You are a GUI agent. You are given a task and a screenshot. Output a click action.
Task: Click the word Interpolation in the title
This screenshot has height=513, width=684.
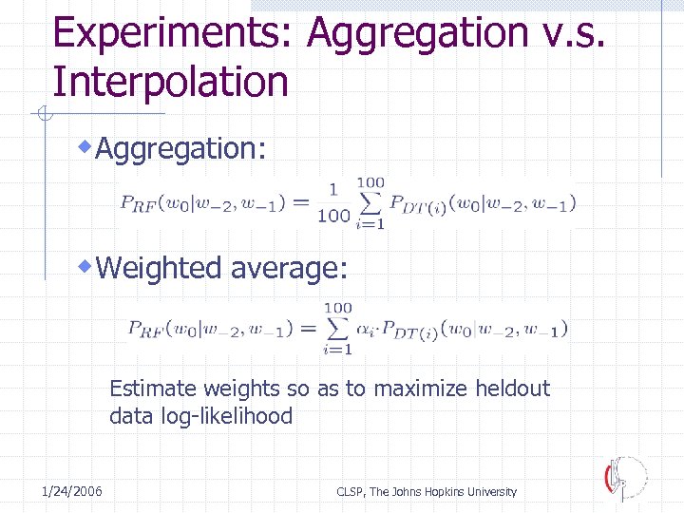pos(170,82)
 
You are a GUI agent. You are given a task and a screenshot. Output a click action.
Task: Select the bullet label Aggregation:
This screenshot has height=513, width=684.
pos(181,148)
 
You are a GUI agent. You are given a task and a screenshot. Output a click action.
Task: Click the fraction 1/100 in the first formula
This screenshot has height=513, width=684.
pos(332,202)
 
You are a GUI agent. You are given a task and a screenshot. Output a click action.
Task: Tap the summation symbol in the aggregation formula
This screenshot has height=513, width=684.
pos(370,202)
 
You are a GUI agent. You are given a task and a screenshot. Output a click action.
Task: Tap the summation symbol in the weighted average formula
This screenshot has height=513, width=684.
pos(337,328)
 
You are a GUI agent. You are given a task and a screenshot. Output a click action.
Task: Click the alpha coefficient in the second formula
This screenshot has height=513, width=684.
pos(367,329)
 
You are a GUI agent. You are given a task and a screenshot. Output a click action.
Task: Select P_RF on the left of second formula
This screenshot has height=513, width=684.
pos(145,329)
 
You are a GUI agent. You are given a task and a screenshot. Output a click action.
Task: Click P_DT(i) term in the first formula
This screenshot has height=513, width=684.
pos(418,203)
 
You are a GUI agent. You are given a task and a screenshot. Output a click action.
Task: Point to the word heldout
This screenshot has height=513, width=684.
pos(513,389)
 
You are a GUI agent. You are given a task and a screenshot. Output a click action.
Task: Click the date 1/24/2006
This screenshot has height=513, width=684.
pos(73,491)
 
